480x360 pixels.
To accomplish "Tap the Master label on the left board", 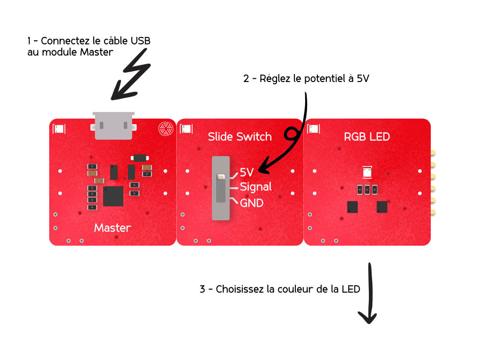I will pyautogui.click(x=112, y=228).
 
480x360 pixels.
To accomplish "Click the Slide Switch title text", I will pyautogui.click(x=240, y=136).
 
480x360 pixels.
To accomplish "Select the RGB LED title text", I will pyautogui.click(x=367, y=136).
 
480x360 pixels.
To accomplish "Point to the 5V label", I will pyautogui.click(x=247, y=172).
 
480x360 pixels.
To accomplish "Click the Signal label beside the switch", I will pyautogui.click(x=255, y=187).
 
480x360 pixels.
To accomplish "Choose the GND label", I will pyautogui.click(x=252, y=203).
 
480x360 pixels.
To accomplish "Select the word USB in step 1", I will pyautogui.click(x=141, y=41).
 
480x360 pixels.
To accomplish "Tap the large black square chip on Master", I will pyautogui.click(x=113, y=196).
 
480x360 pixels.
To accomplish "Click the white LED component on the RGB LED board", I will pyautogui.click(x=367, y=172).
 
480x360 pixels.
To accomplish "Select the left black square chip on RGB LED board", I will pyautogui.click(x=352, y=206).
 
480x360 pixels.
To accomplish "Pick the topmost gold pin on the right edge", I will pyautogui.click(x=434, y=152).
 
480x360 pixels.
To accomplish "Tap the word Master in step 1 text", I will pyautogui.click(x=97, y=52).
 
